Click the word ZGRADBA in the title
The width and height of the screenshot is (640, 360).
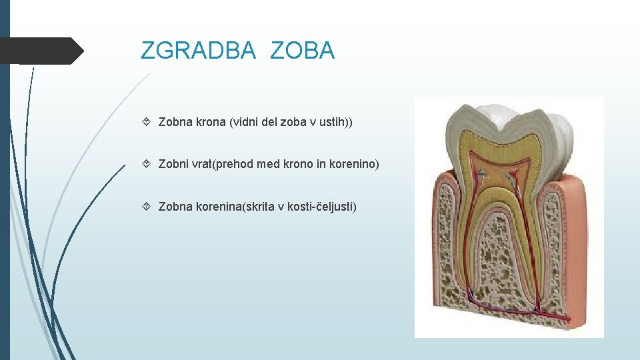198,51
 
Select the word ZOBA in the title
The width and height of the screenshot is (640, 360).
303,51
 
